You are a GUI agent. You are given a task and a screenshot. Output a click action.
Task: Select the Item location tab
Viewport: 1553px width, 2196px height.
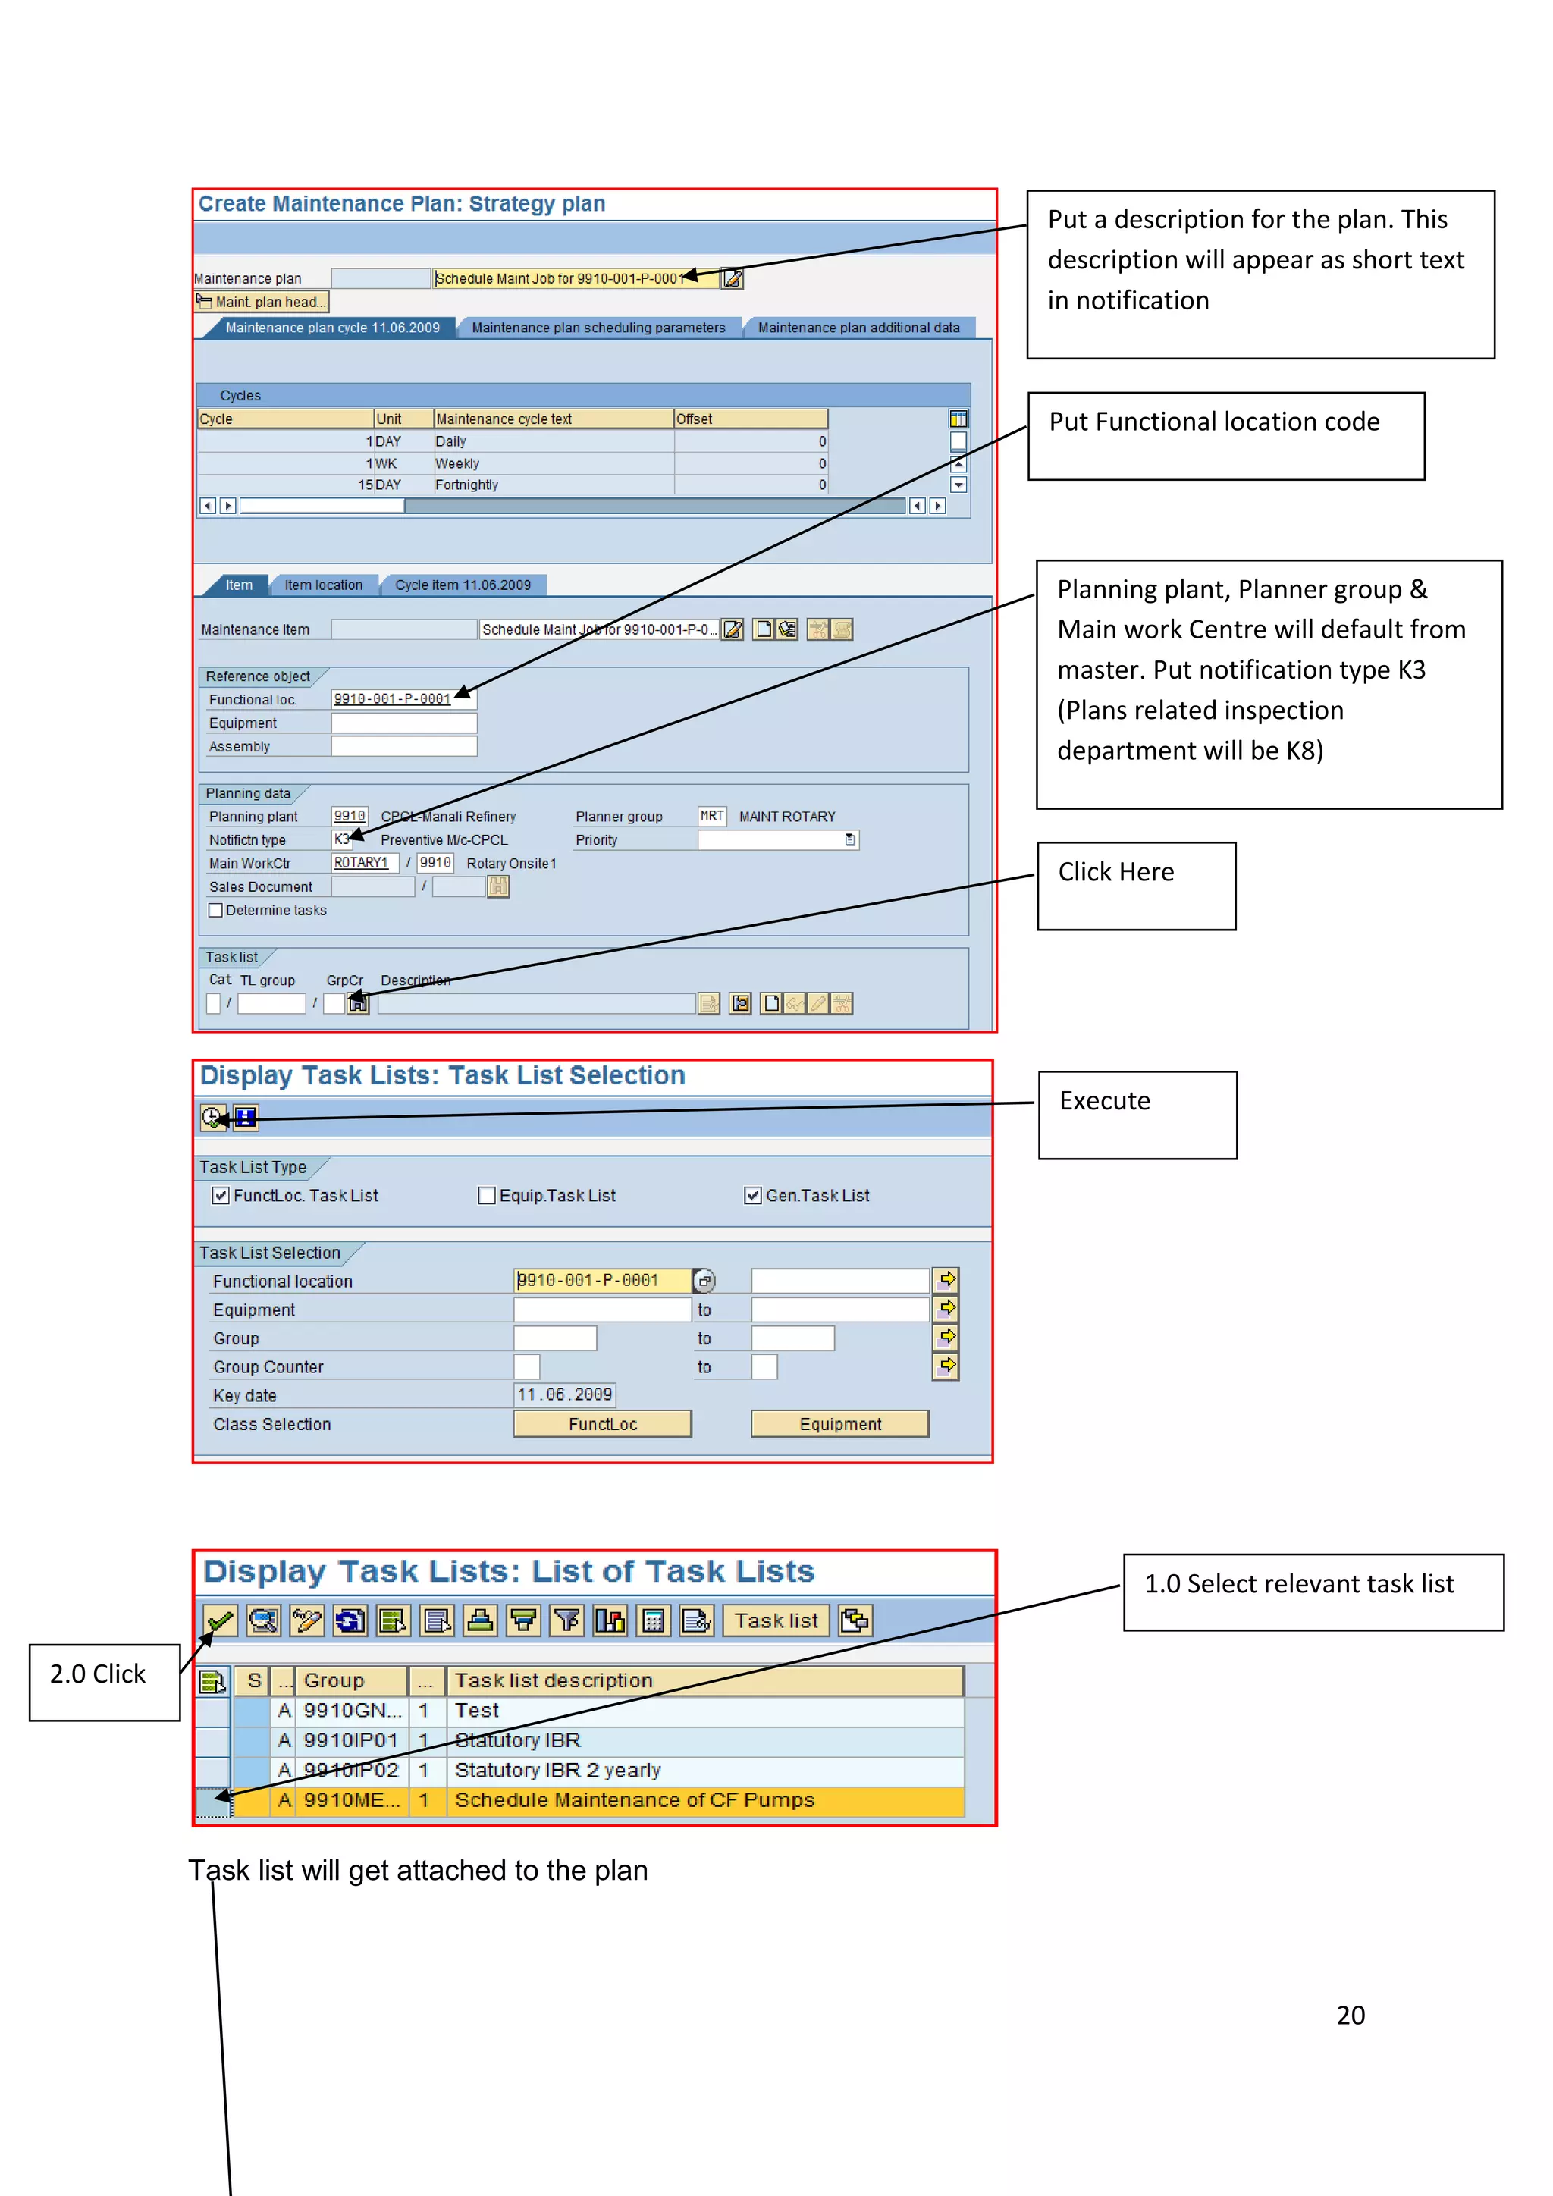coord(323,585)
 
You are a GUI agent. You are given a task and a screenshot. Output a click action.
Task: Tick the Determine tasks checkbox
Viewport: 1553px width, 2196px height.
coord(216,911)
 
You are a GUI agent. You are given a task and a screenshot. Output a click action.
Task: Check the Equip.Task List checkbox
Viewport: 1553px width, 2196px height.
coord(487,1196)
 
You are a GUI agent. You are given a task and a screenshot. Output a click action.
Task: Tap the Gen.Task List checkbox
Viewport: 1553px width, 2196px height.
coord(752,1196)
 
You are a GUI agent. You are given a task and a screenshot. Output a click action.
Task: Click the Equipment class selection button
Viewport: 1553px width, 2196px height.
coord(839,1424)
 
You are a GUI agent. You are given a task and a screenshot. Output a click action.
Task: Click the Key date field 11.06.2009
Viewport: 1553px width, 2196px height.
coord(564,1395)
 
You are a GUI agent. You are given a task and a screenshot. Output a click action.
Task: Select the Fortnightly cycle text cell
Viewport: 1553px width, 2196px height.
coord(553,485)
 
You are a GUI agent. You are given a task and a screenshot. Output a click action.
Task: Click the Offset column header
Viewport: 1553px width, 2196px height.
coord(750,419)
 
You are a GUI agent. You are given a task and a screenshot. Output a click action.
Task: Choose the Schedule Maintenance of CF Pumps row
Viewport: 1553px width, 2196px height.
coord(634,1800)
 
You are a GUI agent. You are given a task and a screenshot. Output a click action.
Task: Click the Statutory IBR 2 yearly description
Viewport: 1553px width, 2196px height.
coord(557,1771)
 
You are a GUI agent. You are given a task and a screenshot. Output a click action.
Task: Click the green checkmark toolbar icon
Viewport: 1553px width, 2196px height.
coord(220,1621)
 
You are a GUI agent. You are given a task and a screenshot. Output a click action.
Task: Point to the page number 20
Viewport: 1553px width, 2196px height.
coord(1351,2016)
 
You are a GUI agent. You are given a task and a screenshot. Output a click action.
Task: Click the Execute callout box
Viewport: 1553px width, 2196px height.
coord(1137,1115)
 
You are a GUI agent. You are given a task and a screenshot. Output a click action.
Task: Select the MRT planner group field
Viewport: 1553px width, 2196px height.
coord(711,817)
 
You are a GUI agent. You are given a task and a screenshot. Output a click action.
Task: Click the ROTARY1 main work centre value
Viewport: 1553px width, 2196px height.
coord(362,864)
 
